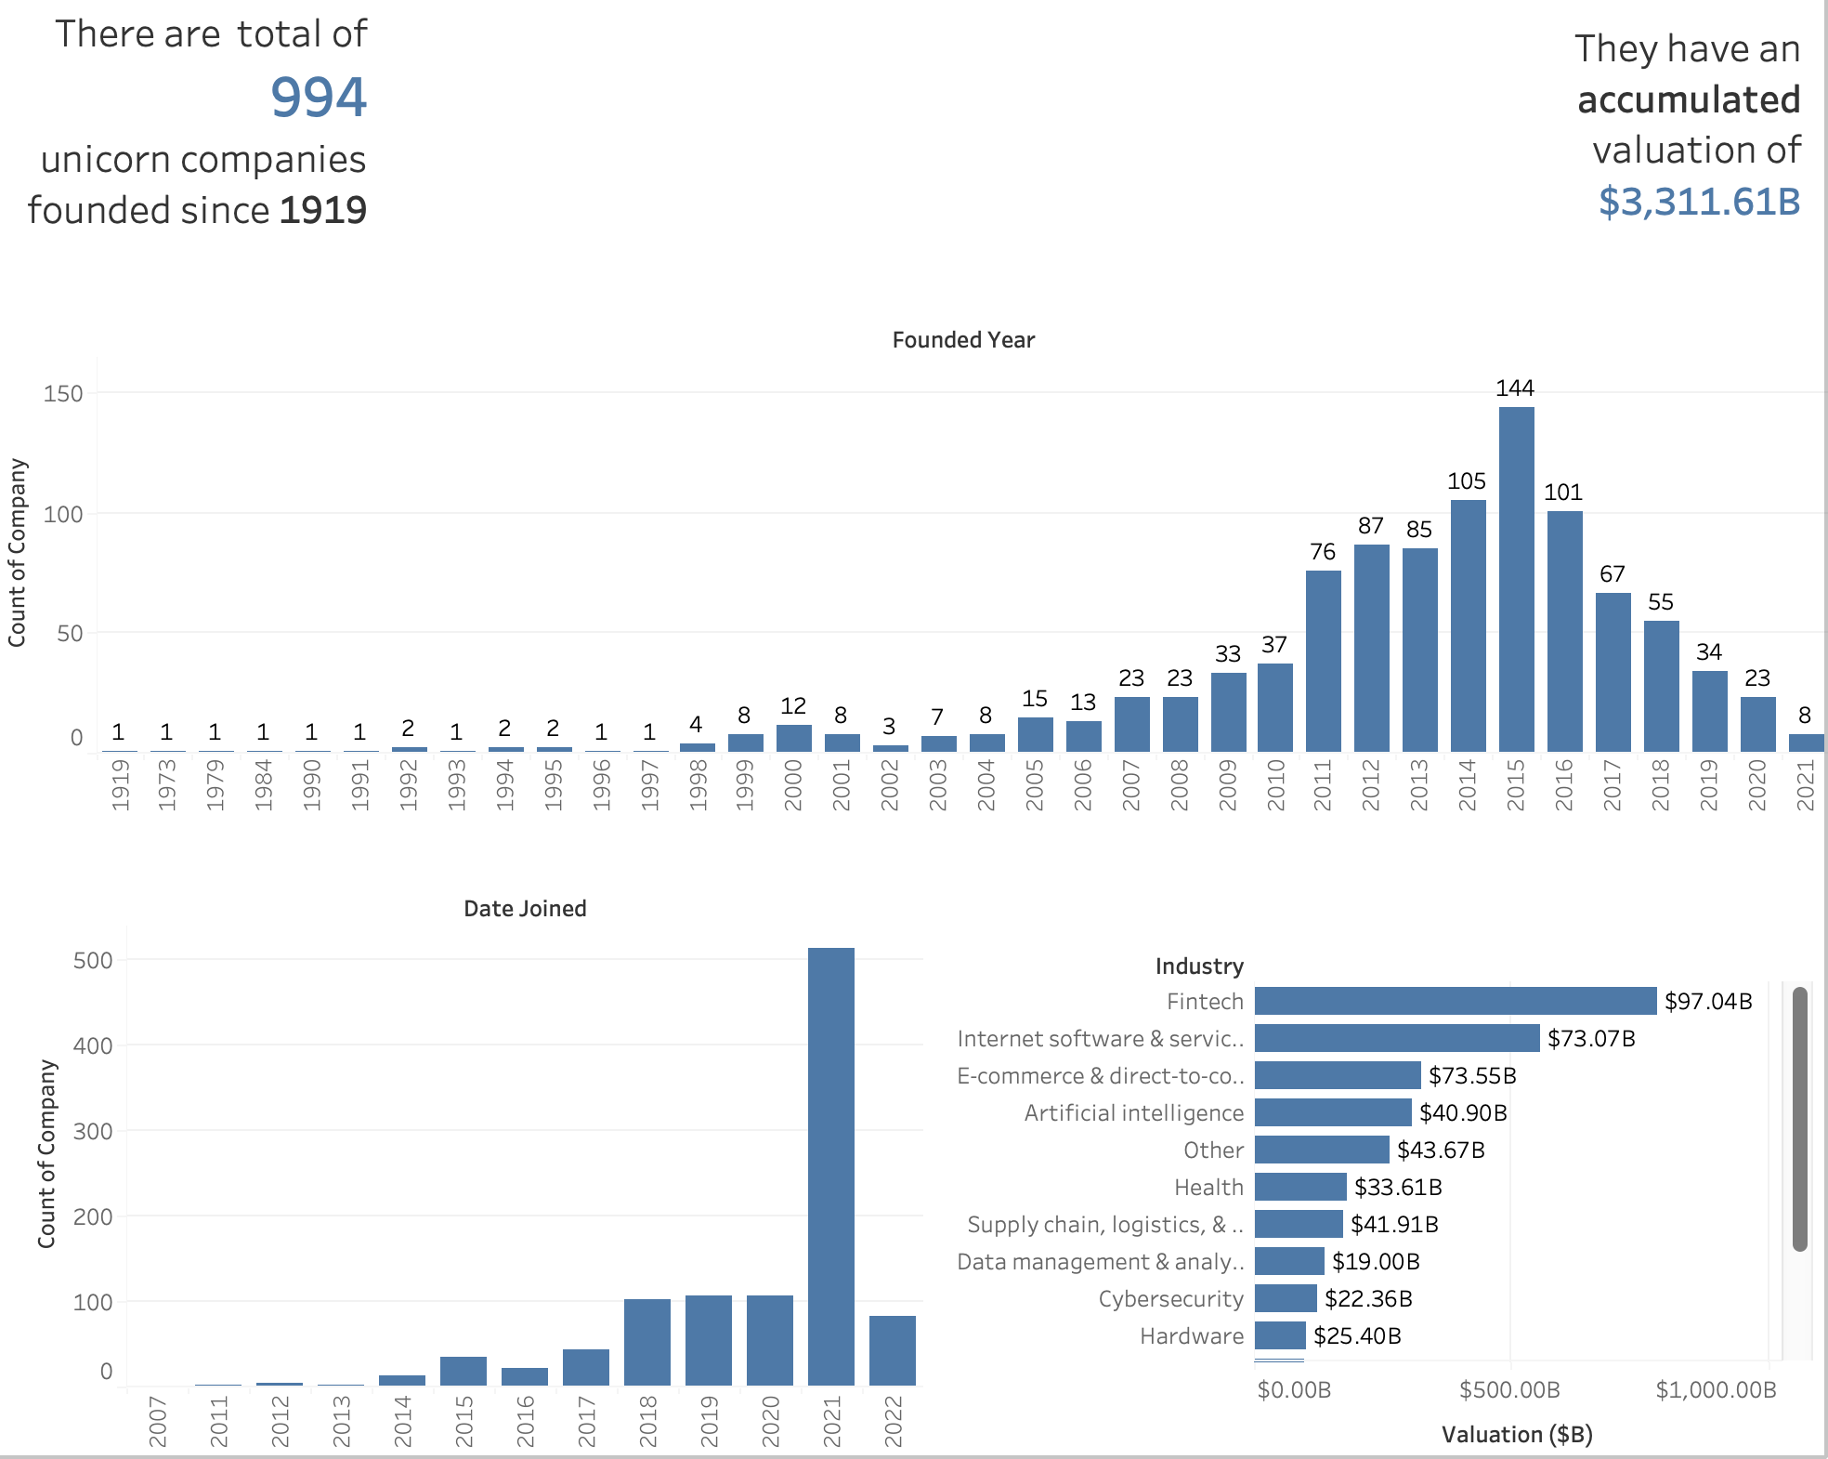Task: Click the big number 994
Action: (319, 98)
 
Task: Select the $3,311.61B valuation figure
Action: (1699, 202)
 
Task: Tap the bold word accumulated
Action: (1689, 100)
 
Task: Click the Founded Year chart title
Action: (963, 340)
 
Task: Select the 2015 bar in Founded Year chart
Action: (1516, 580)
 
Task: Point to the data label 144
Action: (1515, 388)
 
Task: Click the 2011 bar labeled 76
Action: (1323, 661)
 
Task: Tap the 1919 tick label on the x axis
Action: (120, 785)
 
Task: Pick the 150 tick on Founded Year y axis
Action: (63, 394)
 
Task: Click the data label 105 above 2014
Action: (1467, 481)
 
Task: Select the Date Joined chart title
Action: (525, 909)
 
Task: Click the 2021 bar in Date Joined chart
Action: (830, 1166)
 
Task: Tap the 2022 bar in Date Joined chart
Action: (892, 1350)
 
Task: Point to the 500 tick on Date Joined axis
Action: (93, 961)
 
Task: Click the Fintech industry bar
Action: (1455, 1001)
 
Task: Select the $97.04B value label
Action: (1708, 1001)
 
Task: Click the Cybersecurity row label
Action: (1170, 1299)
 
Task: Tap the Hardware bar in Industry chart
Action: (1280, 1335)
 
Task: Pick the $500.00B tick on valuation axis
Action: (1509, 1390)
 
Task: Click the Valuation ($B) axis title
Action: (1517, 1435)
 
